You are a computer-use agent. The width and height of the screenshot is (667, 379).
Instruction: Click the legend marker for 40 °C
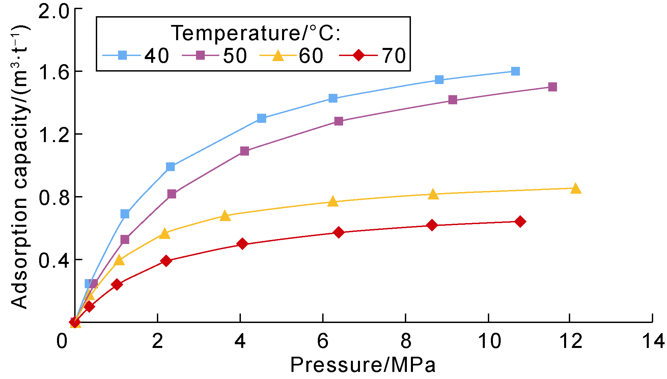[122, 55]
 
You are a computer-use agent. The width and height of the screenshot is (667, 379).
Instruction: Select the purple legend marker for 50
[200, 55]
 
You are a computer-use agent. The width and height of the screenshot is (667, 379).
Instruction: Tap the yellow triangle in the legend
[278, 55]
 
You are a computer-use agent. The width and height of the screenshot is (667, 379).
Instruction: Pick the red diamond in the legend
[358, 55]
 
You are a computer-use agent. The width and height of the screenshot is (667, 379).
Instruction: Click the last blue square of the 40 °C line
[515, 71]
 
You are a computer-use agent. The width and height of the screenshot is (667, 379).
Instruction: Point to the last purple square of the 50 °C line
[552, 87]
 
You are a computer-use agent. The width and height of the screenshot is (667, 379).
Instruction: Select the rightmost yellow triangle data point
[576, 189]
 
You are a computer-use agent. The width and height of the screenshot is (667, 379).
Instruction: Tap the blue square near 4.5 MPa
[261, 118]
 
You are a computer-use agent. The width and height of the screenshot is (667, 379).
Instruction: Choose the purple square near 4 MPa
[245, 151]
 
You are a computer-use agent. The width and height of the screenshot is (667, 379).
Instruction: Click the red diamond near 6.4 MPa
[339, 233]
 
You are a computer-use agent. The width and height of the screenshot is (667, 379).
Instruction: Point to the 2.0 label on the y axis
[54, 12]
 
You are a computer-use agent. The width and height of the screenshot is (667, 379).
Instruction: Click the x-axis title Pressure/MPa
[363, 365]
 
